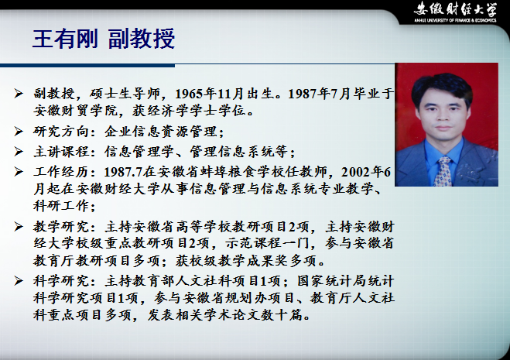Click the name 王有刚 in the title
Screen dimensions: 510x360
point(65,39)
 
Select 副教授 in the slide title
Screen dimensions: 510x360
point(142,39)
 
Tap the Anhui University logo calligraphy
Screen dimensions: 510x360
point(455,9)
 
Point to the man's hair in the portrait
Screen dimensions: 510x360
point(442,84)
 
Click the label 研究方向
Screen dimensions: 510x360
point(61,132)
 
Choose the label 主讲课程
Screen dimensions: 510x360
point(61,152)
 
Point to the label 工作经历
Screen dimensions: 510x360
point(61,172)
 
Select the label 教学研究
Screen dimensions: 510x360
point(61,227)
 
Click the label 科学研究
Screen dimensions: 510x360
point(61,281)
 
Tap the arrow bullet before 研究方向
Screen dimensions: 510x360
point(19,132)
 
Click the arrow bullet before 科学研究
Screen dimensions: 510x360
point(19,281)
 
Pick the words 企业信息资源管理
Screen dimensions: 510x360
point(161,132)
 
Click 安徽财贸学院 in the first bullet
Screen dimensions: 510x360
point(76,111)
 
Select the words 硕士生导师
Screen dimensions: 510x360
point(125,94)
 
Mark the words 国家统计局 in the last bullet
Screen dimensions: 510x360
point(332,281)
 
